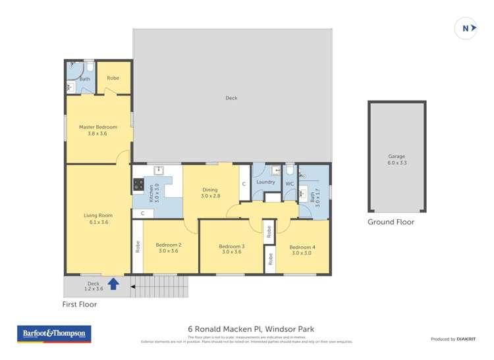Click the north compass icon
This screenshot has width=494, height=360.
pyautogui.click(x=466, y=28)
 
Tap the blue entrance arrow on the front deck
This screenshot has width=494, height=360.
pyautogui.click(x=113, y=284)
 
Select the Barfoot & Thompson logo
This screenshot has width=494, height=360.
pyautogui.click(x=54, y=334)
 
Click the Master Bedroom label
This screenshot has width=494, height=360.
pyautogui.click(x=97, y=130)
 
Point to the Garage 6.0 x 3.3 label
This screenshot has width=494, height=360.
pyautogui.click(x=397, y=159)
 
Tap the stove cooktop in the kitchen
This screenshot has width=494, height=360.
pyautogui.click(x=138, y=185)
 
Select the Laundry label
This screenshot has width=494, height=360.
pyautogui.click(x=265, y=182)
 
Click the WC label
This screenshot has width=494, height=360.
pyautogui.click(x=289, y=184)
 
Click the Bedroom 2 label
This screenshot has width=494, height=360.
pyautogui.click(x=169, y=248)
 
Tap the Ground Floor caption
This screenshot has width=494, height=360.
pyautogui.click(x=391, y=222)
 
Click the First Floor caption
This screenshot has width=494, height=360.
pyautogui.click(x=80, y=305)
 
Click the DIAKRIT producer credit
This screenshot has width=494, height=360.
pyautogui.click(x=453, y=339)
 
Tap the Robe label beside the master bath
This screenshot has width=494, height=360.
pyautogui.click(x=113, y=78)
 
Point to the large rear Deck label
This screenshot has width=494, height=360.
pyautogui.click(x=231, y=98)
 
